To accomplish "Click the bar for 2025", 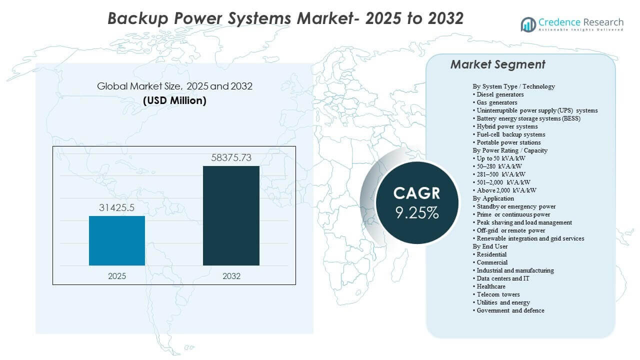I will (117, 240).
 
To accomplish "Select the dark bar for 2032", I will (231, 215).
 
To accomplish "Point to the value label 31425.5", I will (117, 207).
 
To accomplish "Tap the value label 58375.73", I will (230, 158).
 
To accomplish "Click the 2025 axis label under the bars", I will (117, 276).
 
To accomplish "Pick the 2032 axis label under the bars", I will (231, 276).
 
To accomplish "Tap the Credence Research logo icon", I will (528, 24).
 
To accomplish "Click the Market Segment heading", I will (497, 64).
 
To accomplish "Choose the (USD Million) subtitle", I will (174, 100).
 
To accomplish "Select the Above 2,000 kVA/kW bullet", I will (506, 190).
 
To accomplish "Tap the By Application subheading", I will (493, 198).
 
